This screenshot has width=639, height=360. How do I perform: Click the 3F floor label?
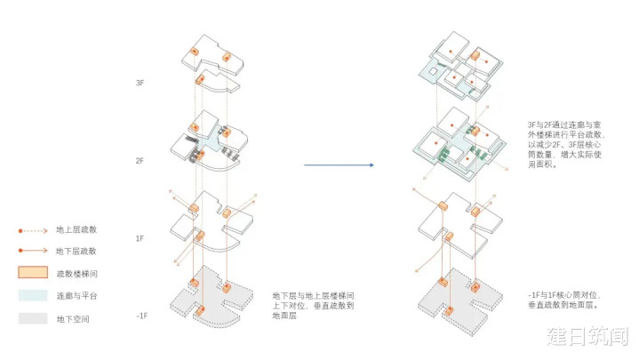click(140, 83)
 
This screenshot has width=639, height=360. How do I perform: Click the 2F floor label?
click(140, 161)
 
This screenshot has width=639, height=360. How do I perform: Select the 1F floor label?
click(140, 239)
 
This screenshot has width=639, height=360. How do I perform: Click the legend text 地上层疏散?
click(74, 230)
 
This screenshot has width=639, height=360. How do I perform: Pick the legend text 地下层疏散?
click(74, 252)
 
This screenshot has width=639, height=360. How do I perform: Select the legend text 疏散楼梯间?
click(74, 274)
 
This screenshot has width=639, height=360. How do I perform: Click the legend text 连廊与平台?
click(74, 296)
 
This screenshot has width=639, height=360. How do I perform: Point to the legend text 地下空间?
click(72, 318)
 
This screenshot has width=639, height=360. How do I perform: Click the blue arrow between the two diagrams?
click(339, 165)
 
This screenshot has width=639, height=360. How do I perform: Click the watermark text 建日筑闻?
click(588, 337)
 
